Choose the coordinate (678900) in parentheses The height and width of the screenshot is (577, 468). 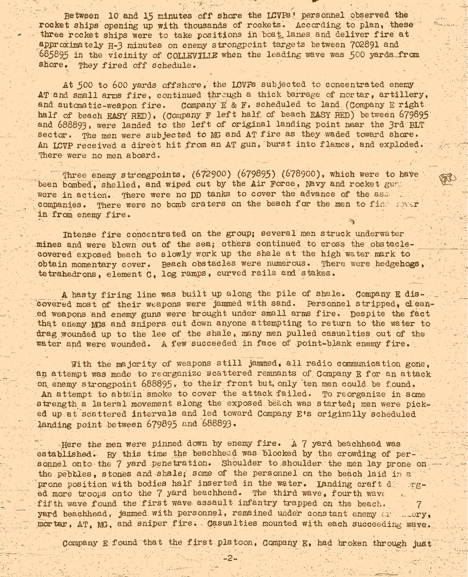[x=301, y=174]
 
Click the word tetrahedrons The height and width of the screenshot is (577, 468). [x=69, y=274]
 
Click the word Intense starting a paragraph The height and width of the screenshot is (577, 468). [x=79, y=235]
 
